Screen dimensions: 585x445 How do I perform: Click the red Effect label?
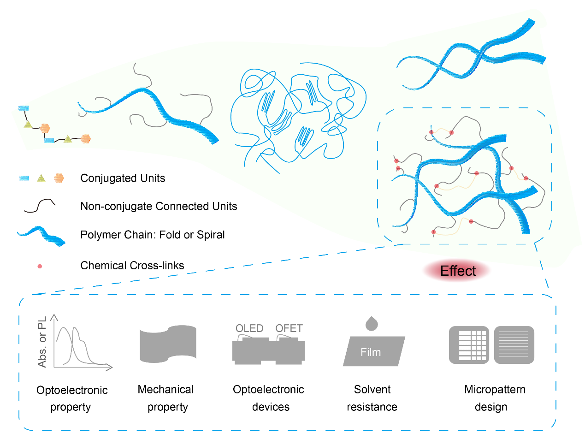457,271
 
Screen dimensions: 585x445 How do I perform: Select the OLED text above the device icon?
249,328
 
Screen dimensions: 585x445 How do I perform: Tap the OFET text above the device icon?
289,328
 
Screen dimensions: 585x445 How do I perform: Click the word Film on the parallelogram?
371,352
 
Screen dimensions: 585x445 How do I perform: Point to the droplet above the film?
371,323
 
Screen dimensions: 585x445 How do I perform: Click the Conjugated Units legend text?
123,178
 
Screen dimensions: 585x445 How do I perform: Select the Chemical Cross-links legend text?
132,265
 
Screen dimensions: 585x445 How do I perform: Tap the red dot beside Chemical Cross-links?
40,266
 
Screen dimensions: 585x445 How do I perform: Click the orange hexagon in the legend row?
59,178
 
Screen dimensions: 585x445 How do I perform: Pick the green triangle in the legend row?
41,178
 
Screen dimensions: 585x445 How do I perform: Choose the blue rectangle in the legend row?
24,178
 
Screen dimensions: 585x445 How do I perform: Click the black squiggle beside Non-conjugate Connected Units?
39,206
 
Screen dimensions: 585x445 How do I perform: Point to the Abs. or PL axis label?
42,342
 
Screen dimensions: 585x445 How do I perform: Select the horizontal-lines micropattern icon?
514,344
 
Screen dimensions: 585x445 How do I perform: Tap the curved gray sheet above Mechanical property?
168,344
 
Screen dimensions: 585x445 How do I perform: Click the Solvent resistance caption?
372,398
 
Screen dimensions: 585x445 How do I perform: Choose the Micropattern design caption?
494,398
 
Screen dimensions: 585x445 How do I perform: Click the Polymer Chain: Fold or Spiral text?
153,235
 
